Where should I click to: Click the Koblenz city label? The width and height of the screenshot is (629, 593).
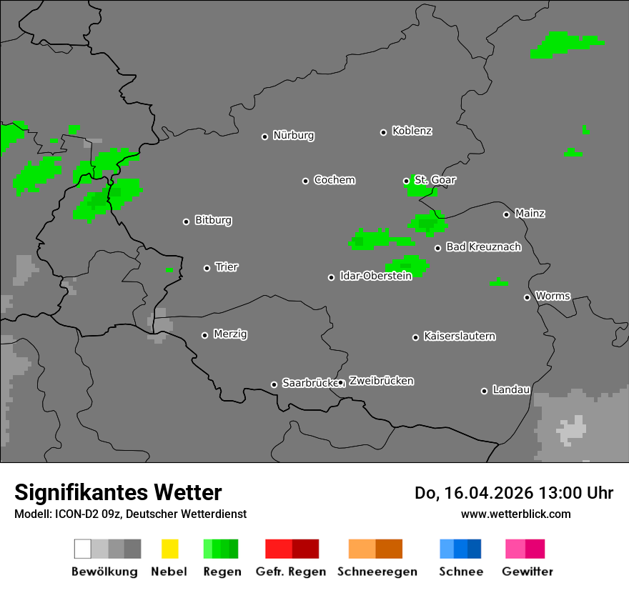(x=412, y=131)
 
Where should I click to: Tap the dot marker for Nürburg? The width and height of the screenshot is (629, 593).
(x=264, y=136)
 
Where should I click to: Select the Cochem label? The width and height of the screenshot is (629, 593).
(x=335, y=180)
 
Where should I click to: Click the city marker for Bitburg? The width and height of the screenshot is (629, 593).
(x=186, y=221)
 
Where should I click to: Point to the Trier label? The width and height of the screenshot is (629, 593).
(x=227, y=267)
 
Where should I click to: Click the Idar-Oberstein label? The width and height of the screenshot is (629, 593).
(x=376, y=276)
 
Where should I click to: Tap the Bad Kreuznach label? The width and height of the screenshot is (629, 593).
(x=483, y=247)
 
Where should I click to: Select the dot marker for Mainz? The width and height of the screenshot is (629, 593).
(x=506, y=214)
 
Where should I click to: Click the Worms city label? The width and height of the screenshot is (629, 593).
(x=553, y=296)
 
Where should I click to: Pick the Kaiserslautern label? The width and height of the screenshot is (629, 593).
(x=460, y=336)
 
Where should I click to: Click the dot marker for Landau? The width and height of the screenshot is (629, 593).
(x=484, y=391)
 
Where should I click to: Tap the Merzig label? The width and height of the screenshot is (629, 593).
(x=230, y=334)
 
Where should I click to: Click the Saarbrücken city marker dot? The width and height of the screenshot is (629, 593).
(x=274, y=384)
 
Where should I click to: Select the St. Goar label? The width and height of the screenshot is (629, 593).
(x=435, y=180)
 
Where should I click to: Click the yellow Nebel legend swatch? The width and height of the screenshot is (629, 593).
(x=169, y=549)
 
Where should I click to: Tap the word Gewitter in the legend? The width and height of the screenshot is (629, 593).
(x=528, y=572)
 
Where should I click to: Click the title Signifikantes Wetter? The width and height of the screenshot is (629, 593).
(x=118, y=492)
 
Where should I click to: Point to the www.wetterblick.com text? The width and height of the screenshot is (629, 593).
(x=515, y=514)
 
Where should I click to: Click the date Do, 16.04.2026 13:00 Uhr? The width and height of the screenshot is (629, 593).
(x=513, y=493)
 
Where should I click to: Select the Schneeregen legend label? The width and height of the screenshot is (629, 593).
(x=377, y=572)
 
